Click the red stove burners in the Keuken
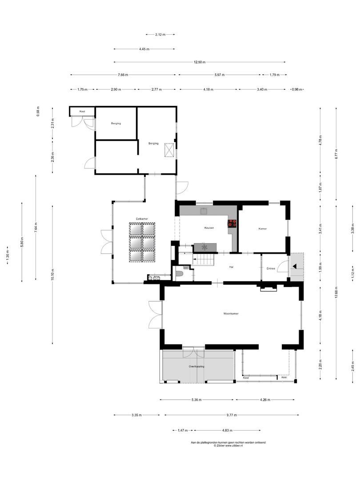(232, 224)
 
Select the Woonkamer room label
(231, 314)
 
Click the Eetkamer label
(142, 218)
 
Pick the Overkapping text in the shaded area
(196, 367)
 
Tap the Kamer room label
(263, 228)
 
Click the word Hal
(231, 267)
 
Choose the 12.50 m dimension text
(200, 62)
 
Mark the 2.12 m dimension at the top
(160, 34)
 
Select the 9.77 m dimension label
(232, 415)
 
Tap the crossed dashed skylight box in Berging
(169, 150)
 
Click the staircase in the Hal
(204, 259)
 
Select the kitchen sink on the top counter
(204, 211)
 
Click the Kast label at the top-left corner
(82, 111)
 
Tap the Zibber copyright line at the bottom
(228, 445)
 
